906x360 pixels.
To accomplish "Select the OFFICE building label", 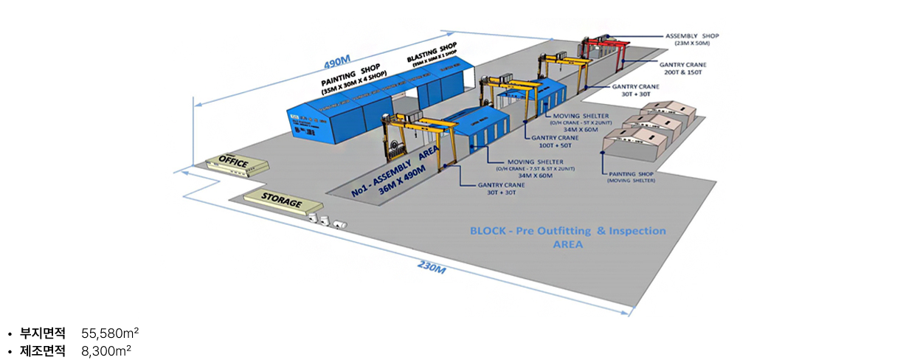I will click(x=232, y=160).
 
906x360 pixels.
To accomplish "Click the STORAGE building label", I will click(x=282, y=201).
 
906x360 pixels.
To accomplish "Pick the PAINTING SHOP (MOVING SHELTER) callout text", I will click(x=631, y=178).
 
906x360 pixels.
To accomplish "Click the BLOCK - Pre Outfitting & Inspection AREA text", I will click(x=567, y=237).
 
